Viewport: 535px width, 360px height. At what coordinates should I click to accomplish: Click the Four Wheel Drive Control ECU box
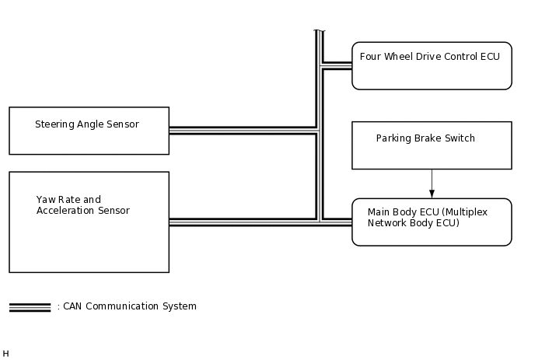tap(432, 66)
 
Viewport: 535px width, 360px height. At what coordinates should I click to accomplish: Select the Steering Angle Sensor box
tap(89, 131)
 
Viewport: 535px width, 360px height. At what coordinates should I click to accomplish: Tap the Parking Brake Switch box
tap(432, 145)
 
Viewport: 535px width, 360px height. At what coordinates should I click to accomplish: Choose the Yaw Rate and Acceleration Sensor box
tap(89, 222)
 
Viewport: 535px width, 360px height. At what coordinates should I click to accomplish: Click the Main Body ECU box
tap(432, 222)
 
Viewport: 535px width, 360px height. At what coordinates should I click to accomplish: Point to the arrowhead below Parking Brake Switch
tap(432, 194)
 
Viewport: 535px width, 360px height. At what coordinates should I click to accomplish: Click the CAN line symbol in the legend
tap(30, 307)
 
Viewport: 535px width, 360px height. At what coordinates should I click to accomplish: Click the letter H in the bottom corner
tap(6, 354)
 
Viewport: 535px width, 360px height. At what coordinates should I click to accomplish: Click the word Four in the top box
tap(370, 56)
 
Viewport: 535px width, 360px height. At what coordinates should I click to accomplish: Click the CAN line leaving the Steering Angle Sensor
tap(241, 130)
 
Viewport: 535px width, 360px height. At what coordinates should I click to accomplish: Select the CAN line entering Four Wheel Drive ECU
tap(337, 65)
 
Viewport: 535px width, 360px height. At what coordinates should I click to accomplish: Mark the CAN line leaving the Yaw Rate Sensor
tap(241, 222)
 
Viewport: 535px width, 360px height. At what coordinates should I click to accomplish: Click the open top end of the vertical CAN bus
tap(319, 33)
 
